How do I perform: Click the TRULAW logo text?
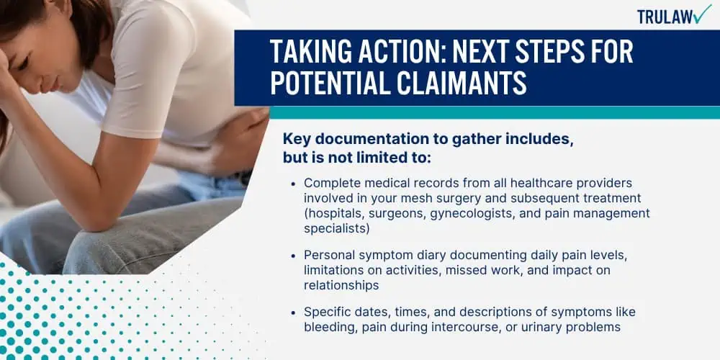[665, 17]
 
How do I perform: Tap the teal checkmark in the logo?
[702, 14]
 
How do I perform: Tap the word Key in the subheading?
[294, 140]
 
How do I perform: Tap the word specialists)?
[336, 229]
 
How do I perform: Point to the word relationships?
[341, 286]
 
